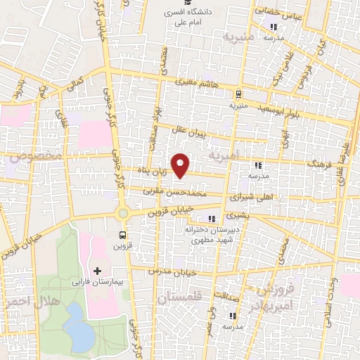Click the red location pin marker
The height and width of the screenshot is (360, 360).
point(181,165)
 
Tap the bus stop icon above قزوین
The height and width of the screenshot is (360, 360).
point(123,235)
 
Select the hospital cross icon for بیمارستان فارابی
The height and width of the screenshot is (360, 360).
point(97,271)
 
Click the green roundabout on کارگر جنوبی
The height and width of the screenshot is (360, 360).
point(123,213)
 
